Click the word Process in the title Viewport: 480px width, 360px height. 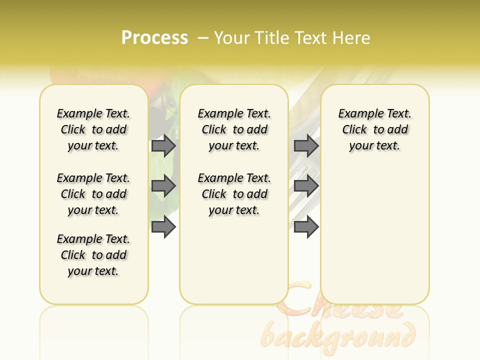pos(154,38)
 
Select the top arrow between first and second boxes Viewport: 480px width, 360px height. pos(163,145)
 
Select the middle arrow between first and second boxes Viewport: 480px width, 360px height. pos(163,186)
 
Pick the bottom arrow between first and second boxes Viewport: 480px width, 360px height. pos(163,227)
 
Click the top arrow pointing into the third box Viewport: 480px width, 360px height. pos(306,145)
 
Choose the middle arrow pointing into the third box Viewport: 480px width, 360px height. pos(306,186)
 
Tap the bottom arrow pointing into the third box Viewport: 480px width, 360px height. pos(306,227)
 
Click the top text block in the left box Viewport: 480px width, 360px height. pos(93,129)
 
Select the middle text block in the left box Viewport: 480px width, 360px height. pos(93,194)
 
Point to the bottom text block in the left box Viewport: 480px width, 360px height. pos(93,255)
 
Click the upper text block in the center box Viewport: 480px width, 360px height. pos(234,129)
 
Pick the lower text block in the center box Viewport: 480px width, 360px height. pos(234,194)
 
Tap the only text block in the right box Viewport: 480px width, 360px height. pos(374,129)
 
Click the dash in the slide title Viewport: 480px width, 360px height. pos(203,38)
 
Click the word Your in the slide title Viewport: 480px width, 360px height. pos(231,38)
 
